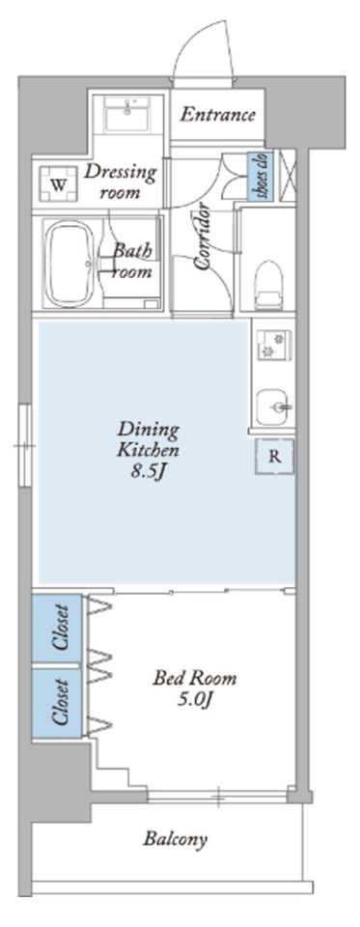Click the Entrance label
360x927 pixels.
218,114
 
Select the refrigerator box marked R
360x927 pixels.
275,457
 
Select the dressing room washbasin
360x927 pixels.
127,114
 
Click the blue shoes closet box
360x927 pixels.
260,175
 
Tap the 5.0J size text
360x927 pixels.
194,700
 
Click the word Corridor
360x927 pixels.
205,238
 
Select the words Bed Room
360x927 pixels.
195,678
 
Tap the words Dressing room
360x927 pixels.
120,182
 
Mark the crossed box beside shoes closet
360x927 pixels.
287,175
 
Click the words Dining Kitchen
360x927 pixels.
148,439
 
